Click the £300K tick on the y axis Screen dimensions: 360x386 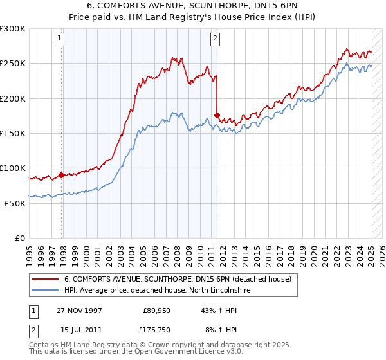pyautogui.click(x=13, y=29)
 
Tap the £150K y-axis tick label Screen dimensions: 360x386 pyautogui.click(x=13, y=134)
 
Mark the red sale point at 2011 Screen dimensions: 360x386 pyautogui.click(x=217, y=115)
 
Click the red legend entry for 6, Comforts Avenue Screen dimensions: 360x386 pyautogui.click(x=178, y=279)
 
